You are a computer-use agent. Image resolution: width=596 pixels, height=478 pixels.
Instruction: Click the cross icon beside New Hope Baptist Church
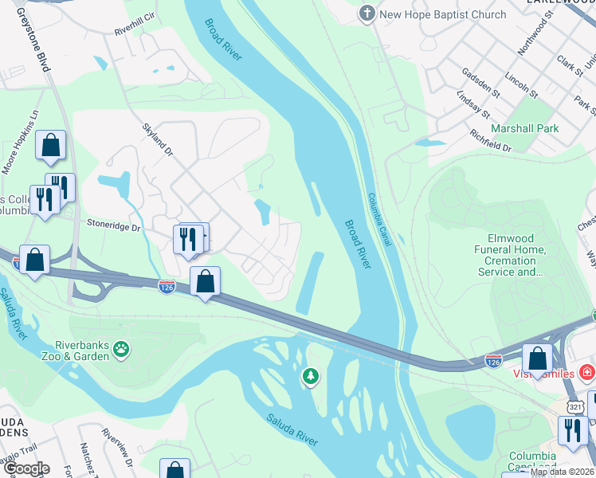coord(367,14)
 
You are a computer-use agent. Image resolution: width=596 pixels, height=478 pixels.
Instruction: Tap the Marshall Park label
coord(524,127)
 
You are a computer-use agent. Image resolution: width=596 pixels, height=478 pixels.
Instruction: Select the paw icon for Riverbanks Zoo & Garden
coord(120,348)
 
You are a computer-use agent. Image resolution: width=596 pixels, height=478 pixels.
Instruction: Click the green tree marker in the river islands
coord(310,375)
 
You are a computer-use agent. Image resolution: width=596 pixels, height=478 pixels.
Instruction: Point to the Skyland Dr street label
coord(157,140)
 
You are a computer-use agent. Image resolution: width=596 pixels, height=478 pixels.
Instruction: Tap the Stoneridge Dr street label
coord(113,227)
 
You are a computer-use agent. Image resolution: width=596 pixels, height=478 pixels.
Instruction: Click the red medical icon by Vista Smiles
coord(586,372)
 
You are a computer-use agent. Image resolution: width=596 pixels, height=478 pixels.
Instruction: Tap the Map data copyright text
coord(562,471)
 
